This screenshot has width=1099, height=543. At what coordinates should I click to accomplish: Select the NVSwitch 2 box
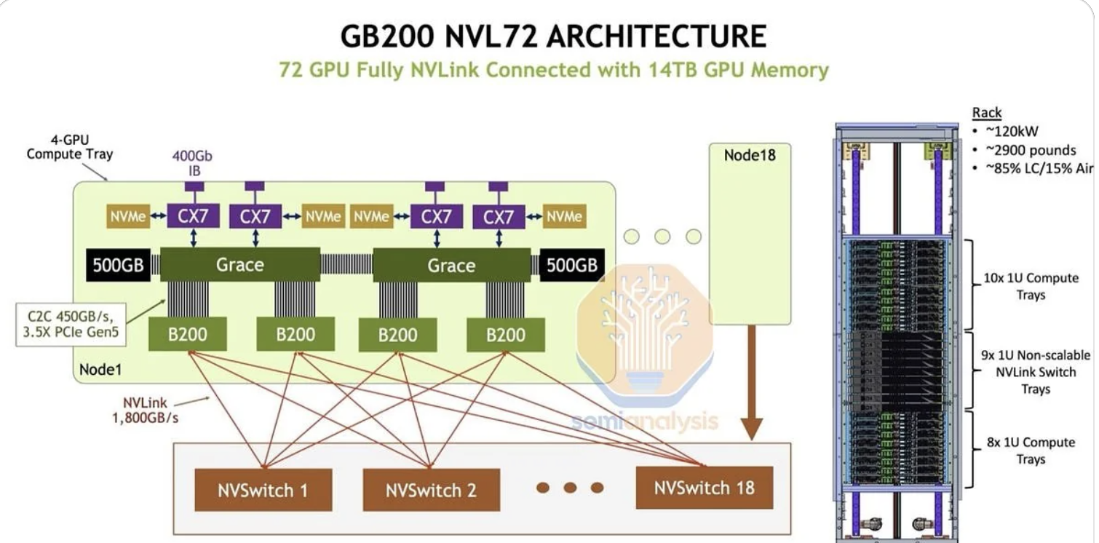tap(431, 489)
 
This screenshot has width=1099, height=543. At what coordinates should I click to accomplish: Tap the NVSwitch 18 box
tap(704, 487)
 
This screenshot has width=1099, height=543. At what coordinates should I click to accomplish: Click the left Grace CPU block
tap(239, 264)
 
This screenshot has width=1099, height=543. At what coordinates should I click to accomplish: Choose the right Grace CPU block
tap(451, 265)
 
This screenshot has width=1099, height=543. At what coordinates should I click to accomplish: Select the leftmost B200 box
tap(188, 335)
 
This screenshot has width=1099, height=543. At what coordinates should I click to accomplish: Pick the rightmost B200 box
tap(505, 335)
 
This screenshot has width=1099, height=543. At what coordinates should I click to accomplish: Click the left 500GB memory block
tap(118, 265)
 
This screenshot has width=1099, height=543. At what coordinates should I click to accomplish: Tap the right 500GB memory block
tap(572, 265)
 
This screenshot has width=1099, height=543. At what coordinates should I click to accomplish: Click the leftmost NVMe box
tap(128, 216)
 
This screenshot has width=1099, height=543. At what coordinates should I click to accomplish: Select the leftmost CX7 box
tap(193, 216)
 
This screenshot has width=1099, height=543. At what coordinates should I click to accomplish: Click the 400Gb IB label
tap(192, 162)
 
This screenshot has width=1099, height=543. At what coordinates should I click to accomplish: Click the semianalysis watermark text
tap(645, 421)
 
